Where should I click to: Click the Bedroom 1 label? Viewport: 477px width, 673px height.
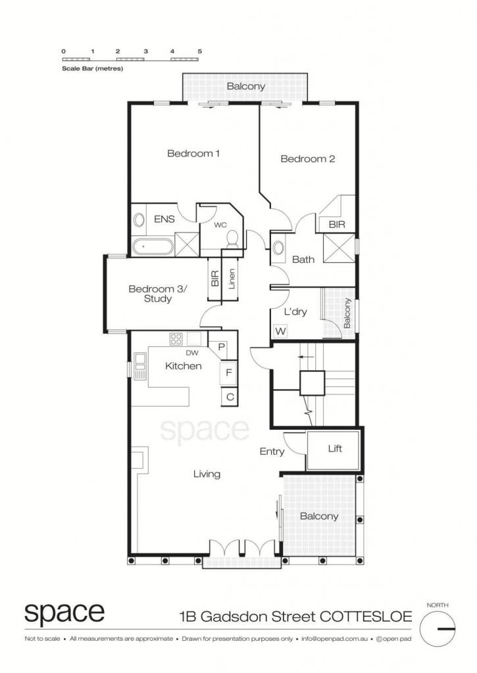tap(193, 153)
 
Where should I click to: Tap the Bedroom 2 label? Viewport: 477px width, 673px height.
tap(308, 159)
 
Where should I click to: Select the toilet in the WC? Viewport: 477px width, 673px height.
tap(232, 239)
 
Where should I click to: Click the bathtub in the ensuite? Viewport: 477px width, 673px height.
tap(153, 247)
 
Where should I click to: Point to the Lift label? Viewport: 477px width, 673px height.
tap(335, 448)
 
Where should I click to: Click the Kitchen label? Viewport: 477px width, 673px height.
tap(184, 366)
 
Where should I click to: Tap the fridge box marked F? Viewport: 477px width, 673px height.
tap(228, 373)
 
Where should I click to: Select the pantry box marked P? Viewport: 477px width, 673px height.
tap(222, 346)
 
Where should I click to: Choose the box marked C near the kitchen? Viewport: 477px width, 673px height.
tap(230, 396)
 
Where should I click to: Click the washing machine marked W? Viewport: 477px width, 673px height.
tap(280, 331)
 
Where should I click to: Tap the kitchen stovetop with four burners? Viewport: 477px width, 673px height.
tap(176, 339)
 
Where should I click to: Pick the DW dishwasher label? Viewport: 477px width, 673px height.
tap(192, 353)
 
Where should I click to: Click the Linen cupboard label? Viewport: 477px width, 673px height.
tap(232, 279)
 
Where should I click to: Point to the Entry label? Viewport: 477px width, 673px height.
tap(272, 452)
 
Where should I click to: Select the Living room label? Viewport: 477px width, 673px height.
tap(207, 474)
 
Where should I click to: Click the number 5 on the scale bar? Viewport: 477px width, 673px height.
tap(200, 51)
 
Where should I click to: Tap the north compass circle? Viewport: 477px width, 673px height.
tap(438, 629)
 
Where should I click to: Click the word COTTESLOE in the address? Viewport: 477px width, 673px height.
tap(366, 616)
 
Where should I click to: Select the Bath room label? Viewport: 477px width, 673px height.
tap(303, 259)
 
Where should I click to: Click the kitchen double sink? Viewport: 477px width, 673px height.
tap(140, 365)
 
